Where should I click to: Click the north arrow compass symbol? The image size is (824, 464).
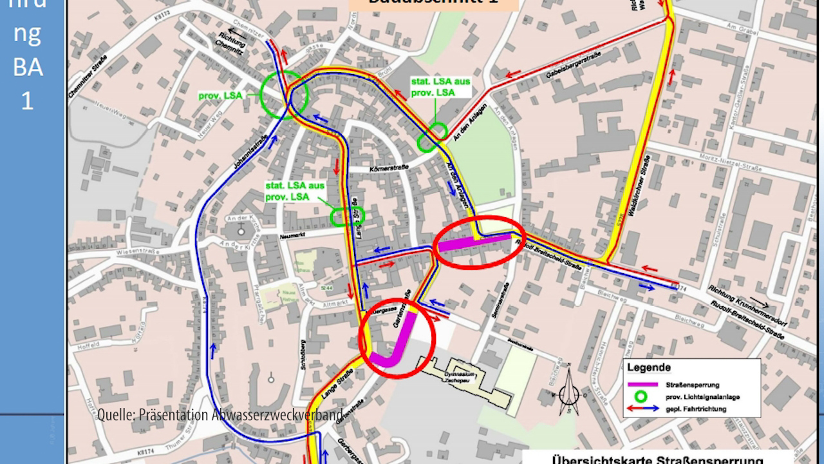(568, 391)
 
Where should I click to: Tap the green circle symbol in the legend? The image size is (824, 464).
(641, 396)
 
